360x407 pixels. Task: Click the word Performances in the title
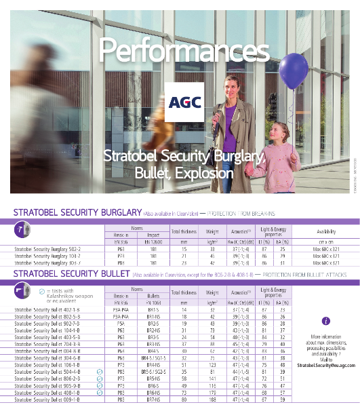[180, 50]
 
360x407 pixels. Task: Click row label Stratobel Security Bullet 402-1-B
[45, 310]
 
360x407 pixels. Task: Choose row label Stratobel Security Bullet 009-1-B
[45, 400]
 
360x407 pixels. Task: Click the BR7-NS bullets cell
[154, 400]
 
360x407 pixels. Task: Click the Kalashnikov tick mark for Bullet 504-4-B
[100, 372]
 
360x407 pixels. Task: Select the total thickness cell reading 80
[184, 400]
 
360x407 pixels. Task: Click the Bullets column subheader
[154, 296]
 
